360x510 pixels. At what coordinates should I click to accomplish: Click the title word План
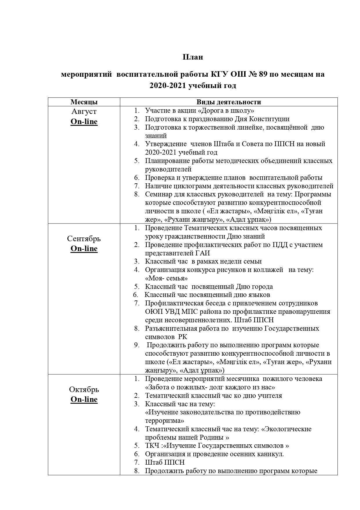click(193, 57)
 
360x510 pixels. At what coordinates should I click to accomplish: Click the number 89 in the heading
click(262, 74)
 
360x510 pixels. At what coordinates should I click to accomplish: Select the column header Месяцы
click(84, 102)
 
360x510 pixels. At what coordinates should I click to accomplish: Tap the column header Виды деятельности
click(228, 102)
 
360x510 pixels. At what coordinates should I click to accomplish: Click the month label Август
click(84, 112)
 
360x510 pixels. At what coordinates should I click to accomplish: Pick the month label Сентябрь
click(84, 239)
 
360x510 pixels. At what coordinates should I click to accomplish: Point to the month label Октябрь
click(84, 389)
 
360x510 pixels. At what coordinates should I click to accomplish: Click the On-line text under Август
click(84, 122)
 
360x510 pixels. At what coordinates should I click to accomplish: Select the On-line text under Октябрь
click(84, 399)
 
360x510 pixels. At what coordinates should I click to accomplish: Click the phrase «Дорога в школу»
click(226, 111)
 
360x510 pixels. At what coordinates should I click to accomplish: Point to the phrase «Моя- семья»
click(166, 278)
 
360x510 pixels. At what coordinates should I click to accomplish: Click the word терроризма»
click(165, 421)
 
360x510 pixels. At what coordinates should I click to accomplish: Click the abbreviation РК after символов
click(183, 337)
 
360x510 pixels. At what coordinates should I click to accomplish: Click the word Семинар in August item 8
click(158, 194)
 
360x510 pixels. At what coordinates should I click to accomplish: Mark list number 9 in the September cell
click(136, 345)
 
